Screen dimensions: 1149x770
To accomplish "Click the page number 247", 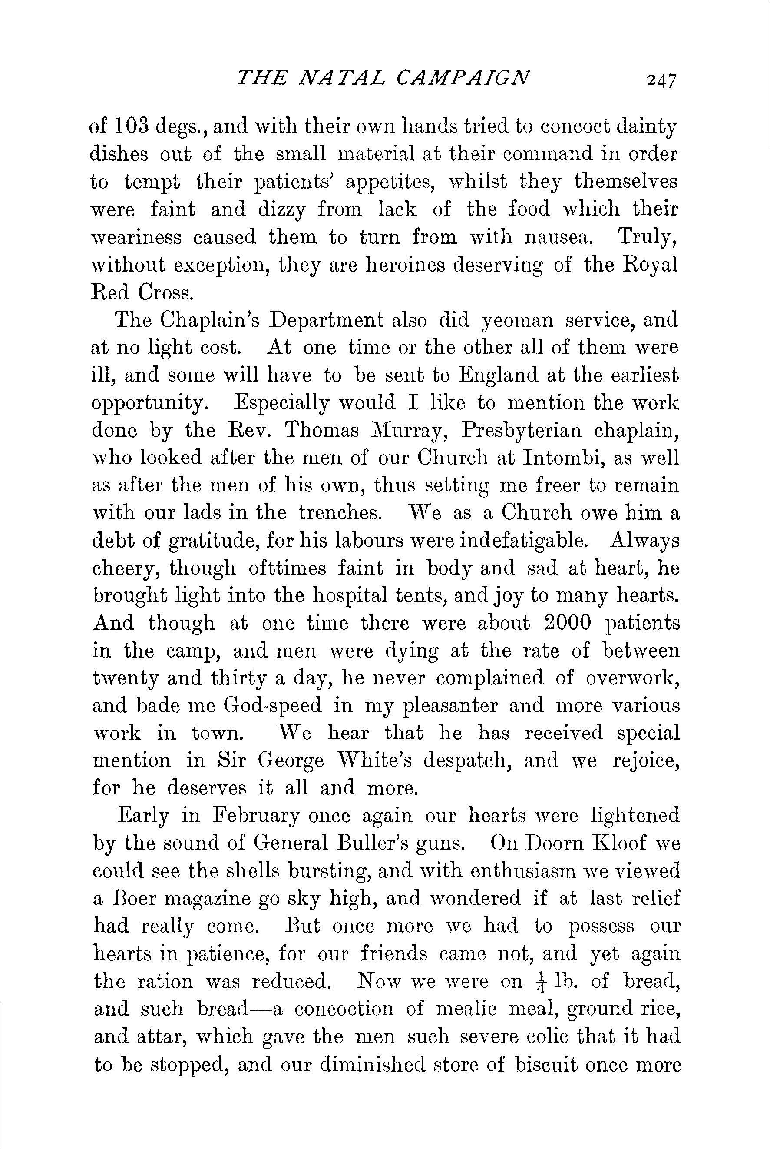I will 661,80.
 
